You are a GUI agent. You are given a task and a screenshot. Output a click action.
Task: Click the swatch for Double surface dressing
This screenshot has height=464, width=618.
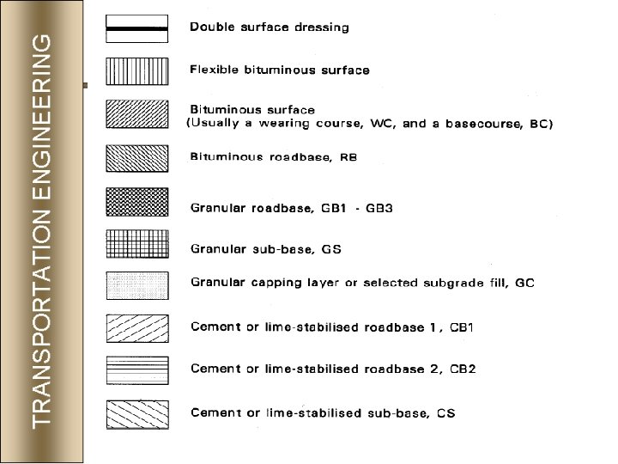point(136,28)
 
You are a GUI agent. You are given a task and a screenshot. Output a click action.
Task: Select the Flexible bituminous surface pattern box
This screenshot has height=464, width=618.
point(136,70)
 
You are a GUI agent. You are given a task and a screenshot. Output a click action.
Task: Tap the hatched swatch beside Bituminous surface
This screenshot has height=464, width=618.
point(136,114)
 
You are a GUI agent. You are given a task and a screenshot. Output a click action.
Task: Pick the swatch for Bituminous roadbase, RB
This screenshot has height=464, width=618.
point(136,157)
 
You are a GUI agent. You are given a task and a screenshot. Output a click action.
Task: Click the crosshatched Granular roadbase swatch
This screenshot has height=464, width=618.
point(136,201)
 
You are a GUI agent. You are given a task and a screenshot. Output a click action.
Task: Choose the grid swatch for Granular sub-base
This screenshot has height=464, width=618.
point(136,244)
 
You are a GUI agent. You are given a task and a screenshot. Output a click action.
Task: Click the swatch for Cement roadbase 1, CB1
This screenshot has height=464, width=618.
point(136,328)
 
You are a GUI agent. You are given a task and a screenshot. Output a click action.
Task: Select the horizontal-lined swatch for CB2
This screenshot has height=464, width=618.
point(136,370)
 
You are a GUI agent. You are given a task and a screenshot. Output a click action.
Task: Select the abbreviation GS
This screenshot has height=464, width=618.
point(331,249)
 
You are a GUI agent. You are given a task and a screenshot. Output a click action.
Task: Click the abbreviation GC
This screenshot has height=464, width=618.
point(524,283)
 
